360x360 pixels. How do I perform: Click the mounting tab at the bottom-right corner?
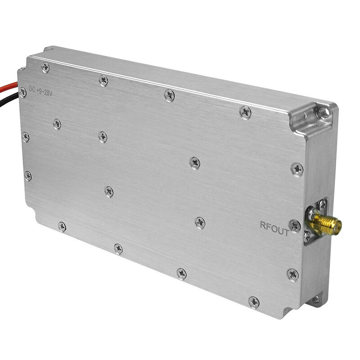click(315, 299)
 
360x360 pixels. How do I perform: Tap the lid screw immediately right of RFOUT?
click(294, 225)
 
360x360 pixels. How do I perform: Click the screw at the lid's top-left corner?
click(45, 67)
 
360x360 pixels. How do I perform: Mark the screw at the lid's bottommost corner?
click(254, 301)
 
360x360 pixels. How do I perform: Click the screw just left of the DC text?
click(22, 92)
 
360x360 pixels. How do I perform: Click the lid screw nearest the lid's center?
click(194, 162)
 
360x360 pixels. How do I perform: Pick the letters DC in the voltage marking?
click(32, 88)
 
